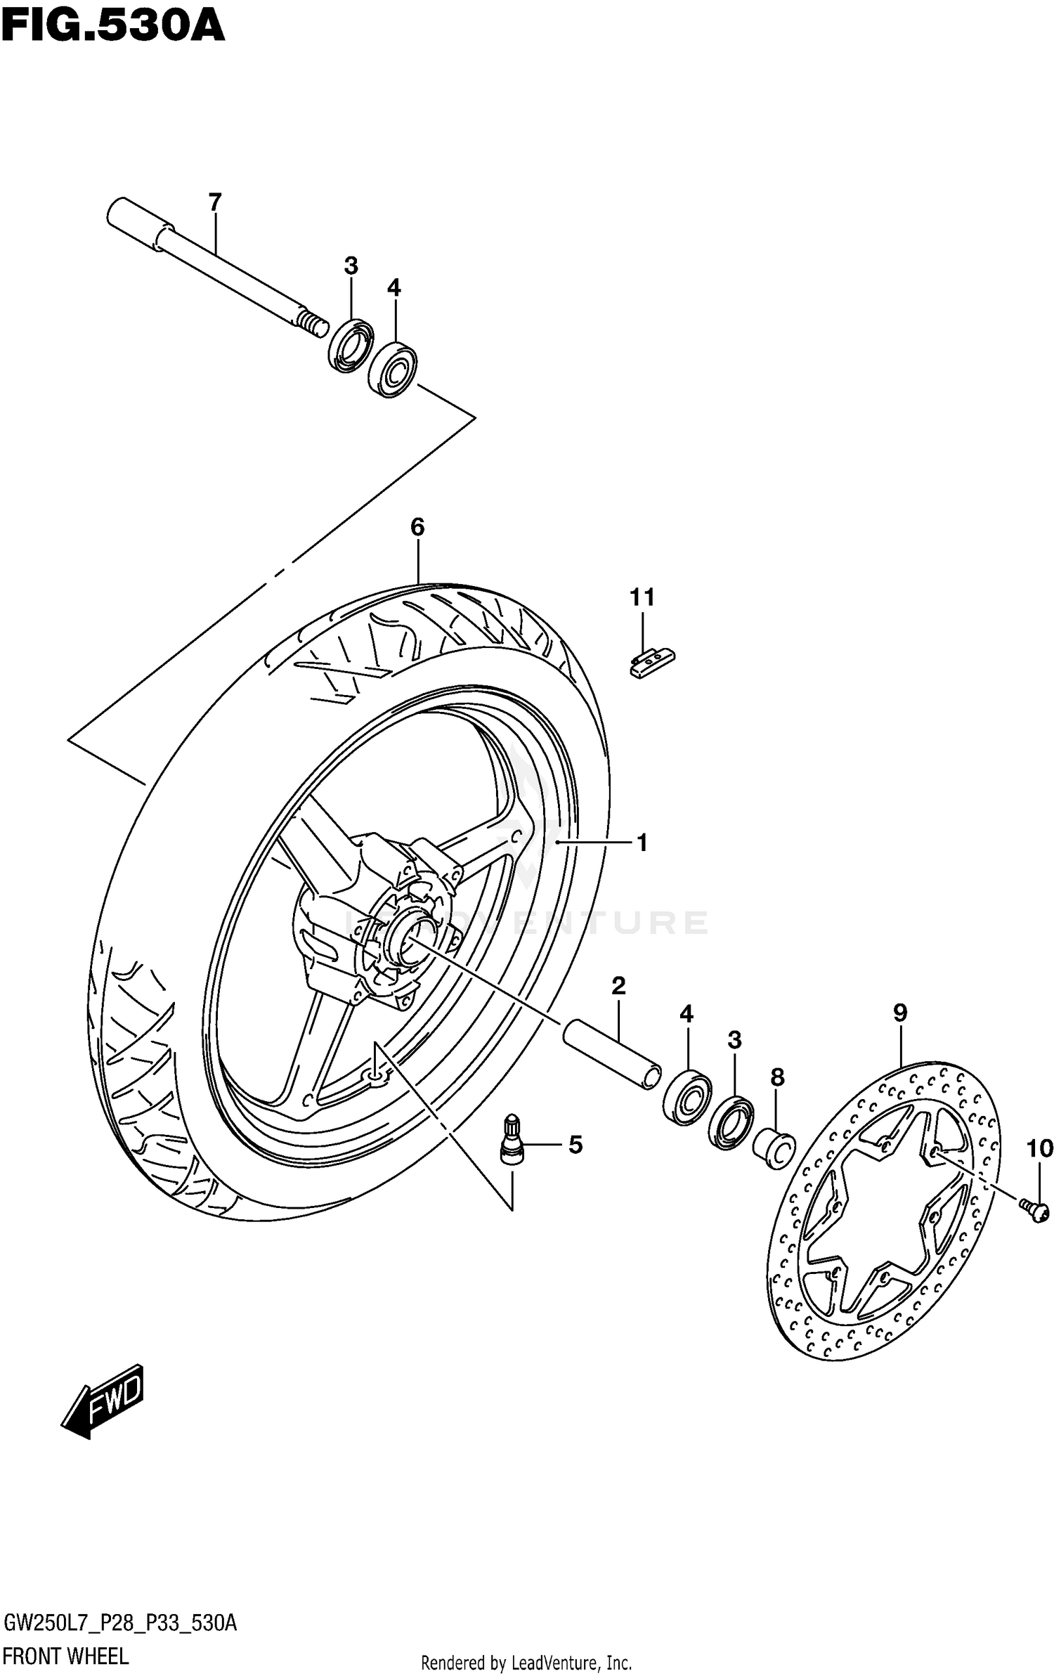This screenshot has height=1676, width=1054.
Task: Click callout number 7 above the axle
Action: tap(215, 202)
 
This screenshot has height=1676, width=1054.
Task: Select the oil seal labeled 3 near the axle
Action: tap(351, 345)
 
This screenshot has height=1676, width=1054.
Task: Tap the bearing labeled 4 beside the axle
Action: tap(393, 369)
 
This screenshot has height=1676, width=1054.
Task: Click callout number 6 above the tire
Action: tap(417, 526)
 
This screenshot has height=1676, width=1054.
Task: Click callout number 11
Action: tap(642, 597)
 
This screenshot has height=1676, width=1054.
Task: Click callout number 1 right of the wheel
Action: tap(642, 843)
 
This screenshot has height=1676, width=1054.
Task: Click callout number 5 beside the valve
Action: tap(575, 1145)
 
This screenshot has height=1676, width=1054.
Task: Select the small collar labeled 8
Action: tap(774, 1150)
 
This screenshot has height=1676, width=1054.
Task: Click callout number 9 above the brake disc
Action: tap(900, 1013)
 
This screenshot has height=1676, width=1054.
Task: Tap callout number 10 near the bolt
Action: tap(1039, 1149)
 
